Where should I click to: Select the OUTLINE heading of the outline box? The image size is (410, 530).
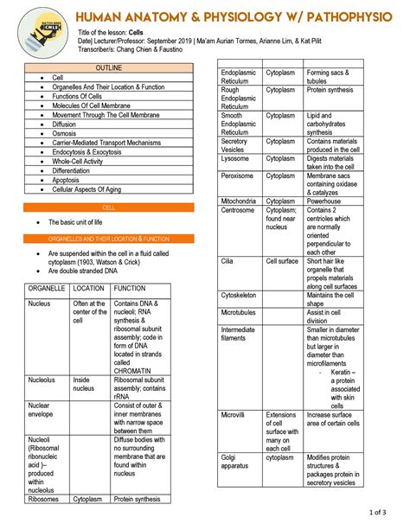point(109,67)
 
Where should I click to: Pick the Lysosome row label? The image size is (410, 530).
point(235,159)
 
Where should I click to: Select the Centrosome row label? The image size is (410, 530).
point(238,210)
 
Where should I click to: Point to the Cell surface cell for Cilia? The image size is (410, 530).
point(282,260)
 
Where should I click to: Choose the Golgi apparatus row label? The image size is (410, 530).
point(234,462)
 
